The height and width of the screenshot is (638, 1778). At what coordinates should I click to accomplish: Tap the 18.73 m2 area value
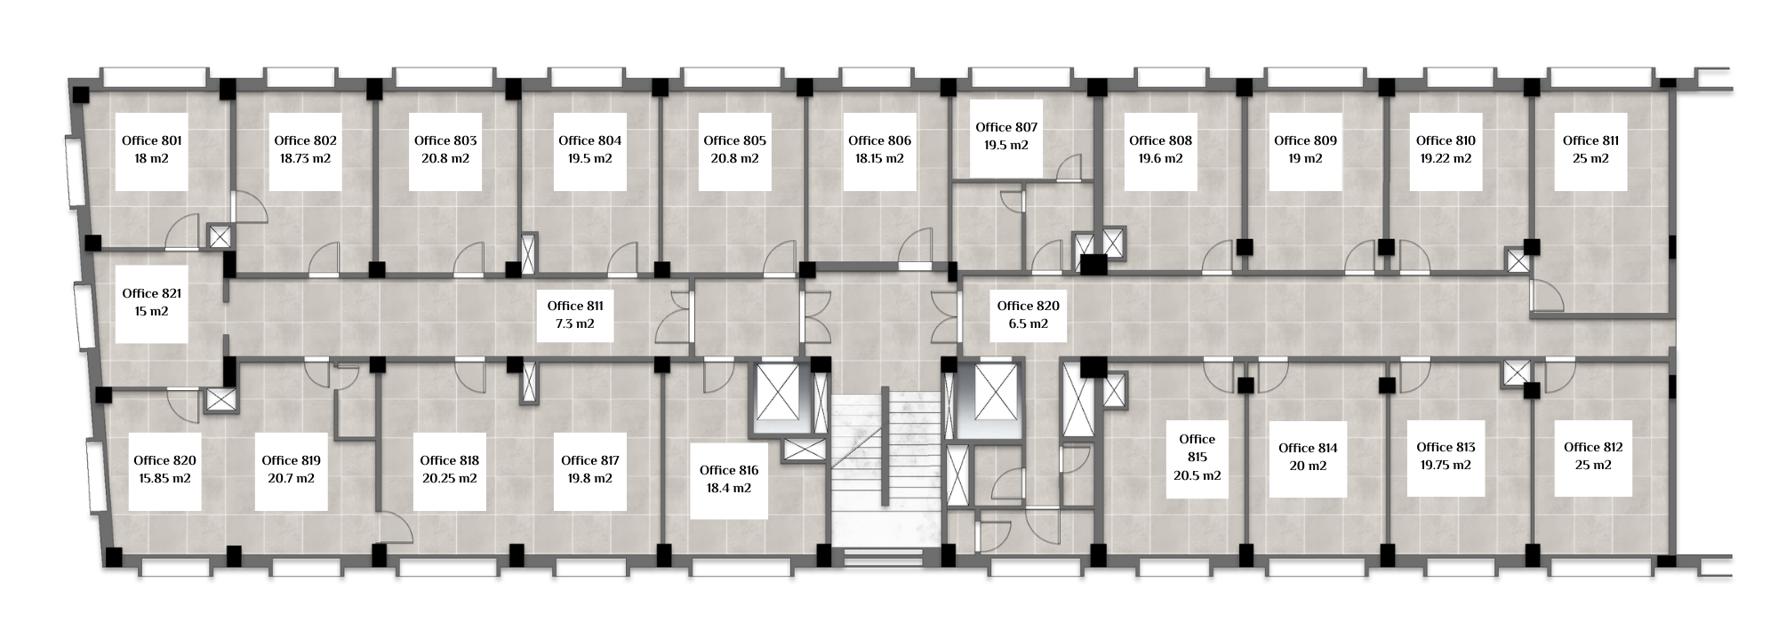coord(305,159)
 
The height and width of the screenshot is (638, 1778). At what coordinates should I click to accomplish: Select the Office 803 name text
coord(445,140)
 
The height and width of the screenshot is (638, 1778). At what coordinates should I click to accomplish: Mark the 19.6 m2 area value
coord(1160,159)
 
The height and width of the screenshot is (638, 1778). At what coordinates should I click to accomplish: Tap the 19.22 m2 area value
coord(1446,159)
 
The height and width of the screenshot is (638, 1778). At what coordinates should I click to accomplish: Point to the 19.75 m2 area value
coord(1446,466)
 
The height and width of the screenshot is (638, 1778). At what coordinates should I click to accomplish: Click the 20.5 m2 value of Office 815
coord(1197,475)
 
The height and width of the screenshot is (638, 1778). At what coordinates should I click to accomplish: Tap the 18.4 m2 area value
coord(729,489)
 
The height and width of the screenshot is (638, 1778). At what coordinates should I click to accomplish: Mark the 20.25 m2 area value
coord(449,479)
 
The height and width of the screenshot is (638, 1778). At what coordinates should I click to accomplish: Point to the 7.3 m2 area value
coord(575,324)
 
